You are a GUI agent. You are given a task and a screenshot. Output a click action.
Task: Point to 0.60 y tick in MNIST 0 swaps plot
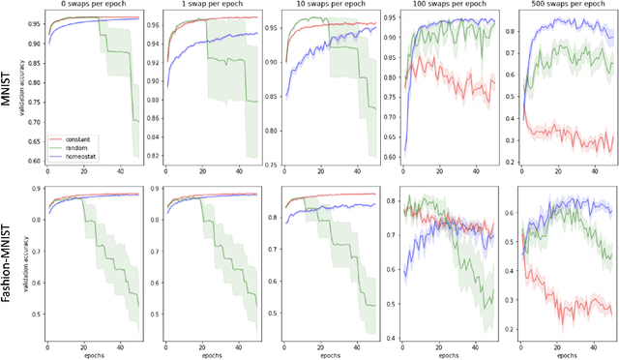[x=33, y=161]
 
